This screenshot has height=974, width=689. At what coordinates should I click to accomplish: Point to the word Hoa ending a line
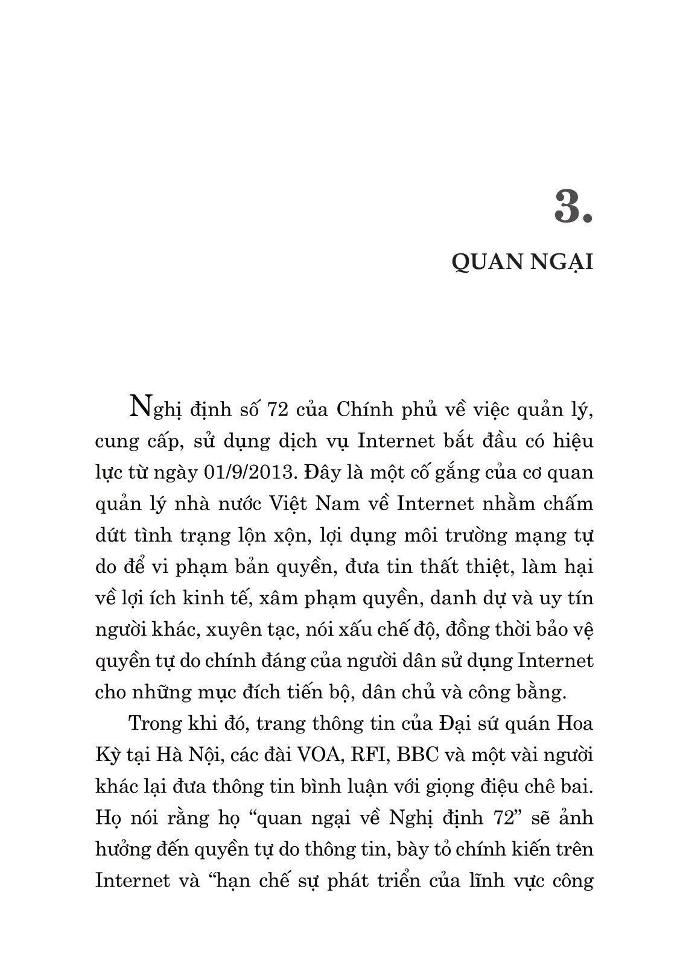[576, 724]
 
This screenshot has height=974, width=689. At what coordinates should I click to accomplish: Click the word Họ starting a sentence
[109, 818]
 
